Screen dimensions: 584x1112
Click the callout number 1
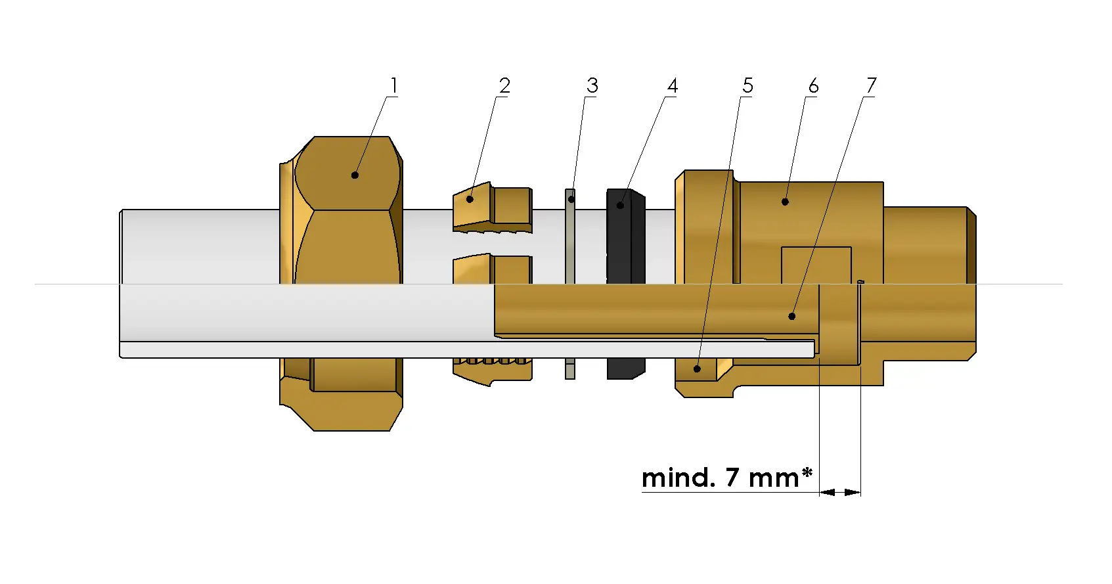pos(393,86)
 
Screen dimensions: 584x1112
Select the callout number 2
pos(504,86)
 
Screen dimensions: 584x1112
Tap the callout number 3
pos(592,86)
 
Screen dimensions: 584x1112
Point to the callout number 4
pos(672,86)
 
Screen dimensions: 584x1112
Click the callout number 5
pos(747,86)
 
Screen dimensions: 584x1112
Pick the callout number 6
pos(813,86)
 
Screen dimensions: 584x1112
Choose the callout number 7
pos(871,86)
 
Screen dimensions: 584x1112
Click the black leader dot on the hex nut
pos(355,175)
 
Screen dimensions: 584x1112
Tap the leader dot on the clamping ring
pos(470,199)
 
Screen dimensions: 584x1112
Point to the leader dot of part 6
pos(785,202)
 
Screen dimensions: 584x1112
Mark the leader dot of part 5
pos(697,369)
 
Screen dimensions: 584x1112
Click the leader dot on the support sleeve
pos(792,317)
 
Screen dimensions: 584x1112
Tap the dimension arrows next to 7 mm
pos(840,492)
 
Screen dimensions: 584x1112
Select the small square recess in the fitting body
pos(816,265)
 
